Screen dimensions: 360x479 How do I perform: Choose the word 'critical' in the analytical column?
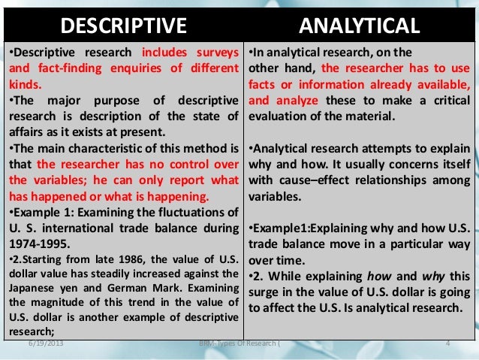pyautogui.click(x=444, y=100)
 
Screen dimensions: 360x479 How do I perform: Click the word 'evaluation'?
pyautogui.click(x=279, y=116)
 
